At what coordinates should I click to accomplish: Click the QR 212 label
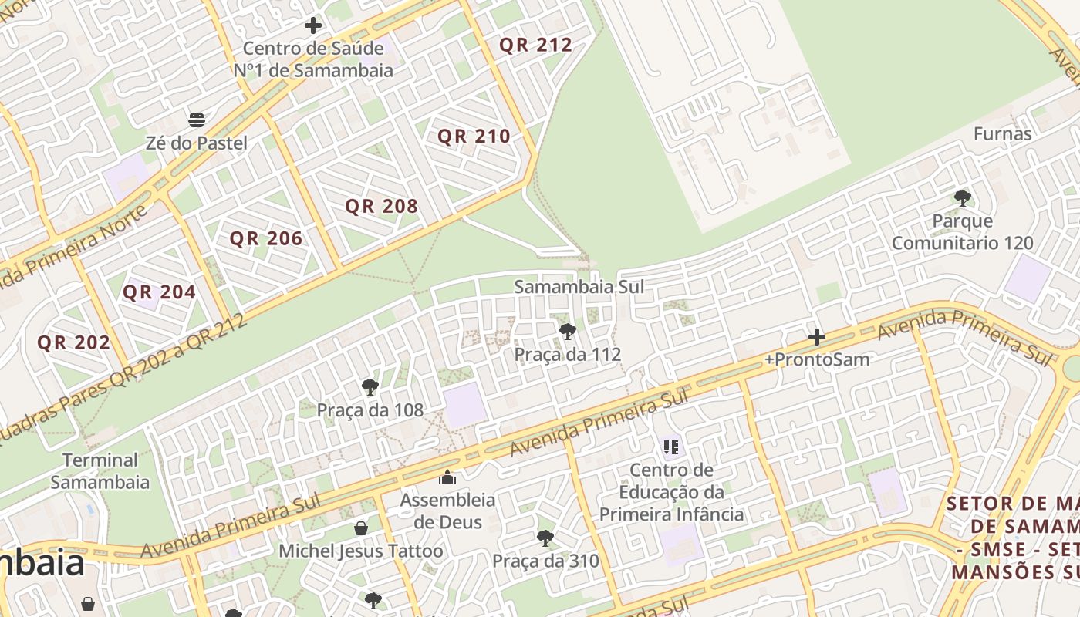(x=535, y=45)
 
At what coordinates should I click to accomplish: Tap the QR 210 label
(x=474, y=137)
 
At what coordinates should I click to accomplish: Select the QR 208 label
(x=381, y=206)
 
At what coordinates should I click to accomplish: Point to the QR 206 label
(x=266, y=238)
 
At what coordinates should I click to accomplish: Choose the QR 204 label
(x=159, y=292)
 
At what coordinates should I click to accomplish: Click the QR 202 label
(x=74, y=342)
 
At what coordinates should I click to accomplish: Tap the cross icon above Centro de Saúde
(x=312, y=25)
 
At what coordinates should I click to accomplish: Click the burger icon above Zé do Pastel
(x=197, y=120)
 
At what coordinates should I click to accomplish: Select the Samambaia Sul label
(x=579, y=287)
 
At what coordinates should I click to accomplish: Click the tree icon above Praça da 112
(x=568, y=332)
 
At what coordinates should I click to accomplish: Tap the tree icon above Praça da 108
(x=370, y=387)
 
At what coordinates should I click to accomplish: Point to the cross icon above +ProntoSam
(x=817, y=337)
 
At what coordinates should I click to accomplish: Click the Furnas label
(x=1002, y=133)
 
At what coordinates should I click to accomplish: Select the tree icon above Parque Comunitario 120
(x=962, y=198)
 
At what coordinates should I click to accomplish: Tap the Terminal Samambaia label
(x=100, y=471)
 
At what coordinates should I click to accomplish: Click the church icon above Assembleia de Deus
(x=447, y=477)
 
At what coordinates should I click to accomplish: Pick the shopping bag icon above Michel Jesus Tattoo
(x=360, y=528)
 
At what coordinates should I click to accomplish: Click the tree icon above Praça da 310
(x=545, y=538)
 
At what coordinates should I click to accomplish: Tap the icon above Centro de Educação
(x=670, y=447)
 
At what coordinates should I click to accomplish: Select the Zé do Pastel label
(x=197, y=143)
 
